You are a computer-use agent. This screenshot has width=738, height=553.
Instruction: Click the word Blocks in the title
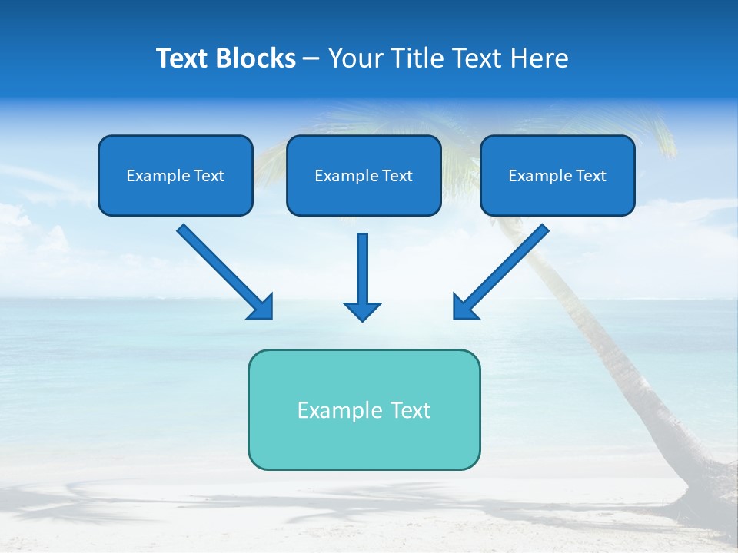pos(256,58)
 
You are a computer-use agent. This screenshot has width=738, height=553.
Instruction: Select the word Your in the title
pos(355,58)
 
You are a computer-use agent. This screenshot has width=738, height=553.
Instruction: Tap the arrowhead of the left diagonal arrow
pos(261,307)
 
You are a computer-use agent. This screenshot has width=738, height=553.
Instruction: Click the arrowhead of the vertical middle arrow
pos(362,311)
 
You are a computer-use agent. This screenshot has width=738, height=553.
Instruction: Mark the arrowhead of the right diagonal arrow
pos(464,307)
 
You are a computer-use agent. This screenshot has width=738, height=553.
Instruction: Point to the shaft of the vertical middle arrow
pos(362,265)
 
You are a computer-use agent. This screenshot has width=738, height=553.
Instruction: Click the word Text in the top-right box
pos(591,176)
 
